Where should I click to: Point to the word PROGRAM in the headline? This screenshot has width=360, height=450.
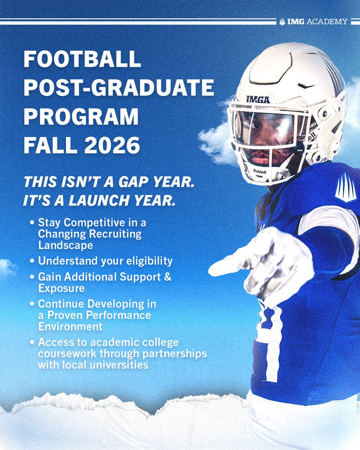point(81,117)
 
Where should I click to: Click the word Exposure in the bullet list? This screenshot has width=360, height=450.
point(61,288)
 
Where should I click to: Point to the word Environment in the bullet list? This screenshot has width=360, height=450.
point(70,326)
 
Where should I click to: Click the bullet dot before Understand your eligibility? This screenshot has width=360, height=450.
point(33,260)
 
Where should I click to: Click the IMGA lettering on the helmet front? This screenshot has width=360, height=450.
point(258,99)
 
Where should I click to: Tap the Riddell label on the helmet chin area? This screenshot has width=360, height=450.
point(259,171)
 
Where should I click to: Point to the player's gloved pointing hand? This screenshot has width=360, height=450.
point(262,262)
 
